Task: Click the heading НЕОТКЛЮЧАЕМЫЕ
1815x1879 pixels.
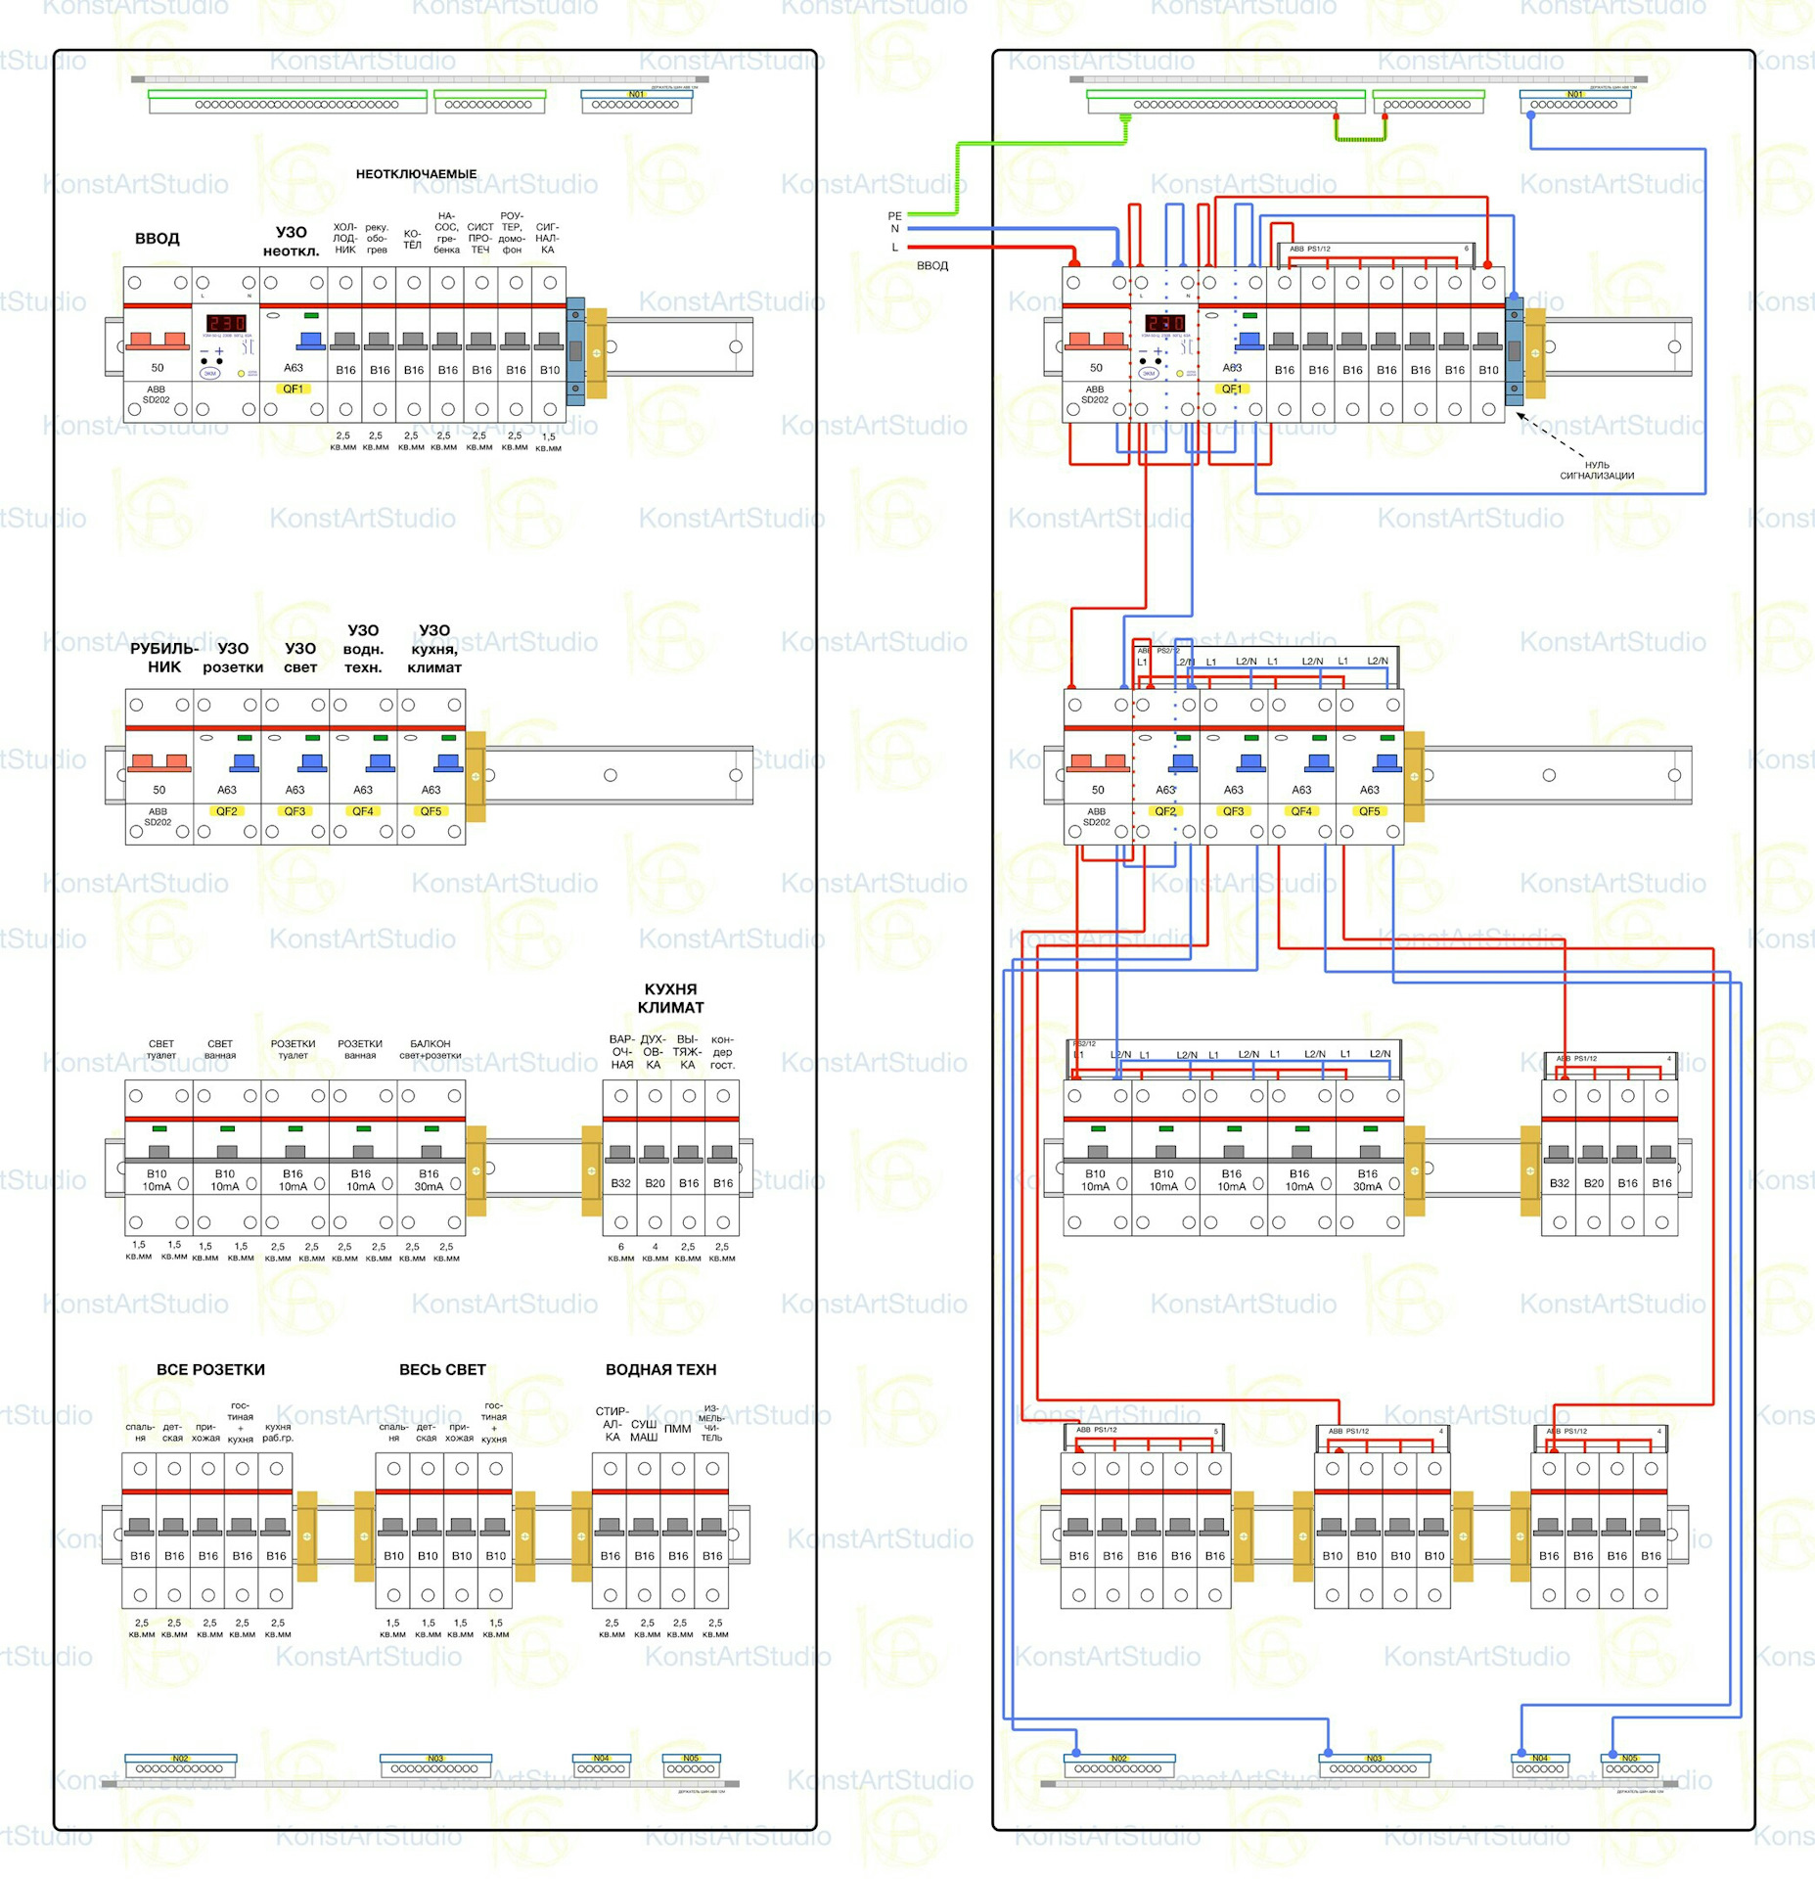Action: click(416, 174)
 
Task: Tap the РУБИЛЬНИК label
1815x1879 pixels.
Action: click(163, 658)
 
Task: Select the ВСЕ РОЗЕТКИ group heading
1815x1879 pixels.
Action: click(210, 1369)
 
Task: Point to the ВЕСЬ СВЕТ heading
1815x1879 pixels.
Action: click(442, 1369)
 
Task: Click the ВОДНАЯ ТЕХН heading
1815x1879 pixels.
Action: click(660, 1369)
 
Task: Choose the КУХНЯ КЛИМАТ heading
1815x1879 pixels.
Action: click(670, 998)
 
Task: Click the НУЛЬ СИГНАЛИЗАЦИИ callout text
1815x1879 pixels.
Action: click(1596, 471)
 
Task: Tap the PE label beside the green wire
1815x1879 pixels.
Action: click(894, 216)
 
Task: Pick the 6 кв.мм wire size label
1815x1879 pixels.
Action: click(620, 1252)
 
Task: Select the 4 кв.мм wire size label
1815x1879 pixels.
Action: click(655, 1252)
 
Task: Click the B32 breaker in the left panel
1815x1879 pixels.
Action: click(620, 1183)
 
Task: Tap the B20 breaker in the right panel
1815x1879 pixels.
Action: click(1593, 1183)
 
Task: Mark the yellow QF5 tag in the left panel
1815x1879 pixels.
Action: click(431, 811)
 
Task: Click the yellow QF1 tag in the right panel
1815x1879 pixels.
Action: click(1232, 389)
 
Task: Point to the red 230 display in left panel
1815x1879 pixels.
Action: click(225, 323)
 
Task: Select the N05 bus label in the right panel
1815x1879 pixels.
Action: click(1629, 1758)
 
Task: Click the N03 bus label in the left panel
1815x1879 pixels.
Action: click(435, 1758)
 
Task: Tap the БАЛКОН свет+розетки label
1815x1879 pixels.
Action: click(430, 1049)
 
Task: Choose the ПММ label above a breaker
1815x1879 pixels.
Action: click(677, 1429)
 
